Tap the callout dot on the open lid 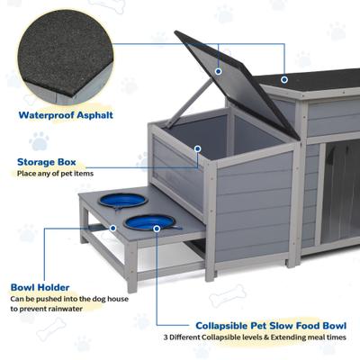217,69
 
